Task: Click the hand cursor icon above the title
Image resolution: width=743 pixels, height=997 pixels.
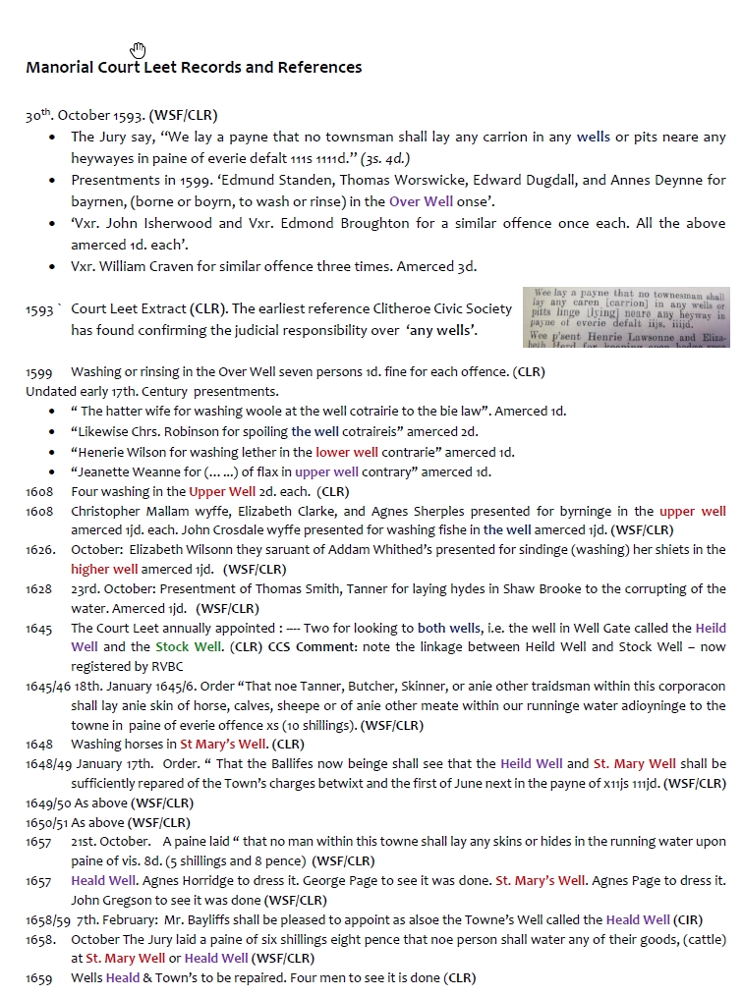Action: pos(138,50)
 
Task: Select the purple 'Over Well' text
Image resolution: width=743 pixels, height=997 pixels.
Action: pos(421,201)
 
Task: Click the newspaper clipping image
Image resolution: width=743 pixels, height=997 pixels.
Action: pos(626,317)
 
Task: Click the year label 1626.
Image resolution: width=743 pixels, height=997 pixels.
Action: pos(40,550)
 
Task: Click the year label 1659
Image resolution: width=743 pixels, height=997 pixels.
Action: pos(38,978)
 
